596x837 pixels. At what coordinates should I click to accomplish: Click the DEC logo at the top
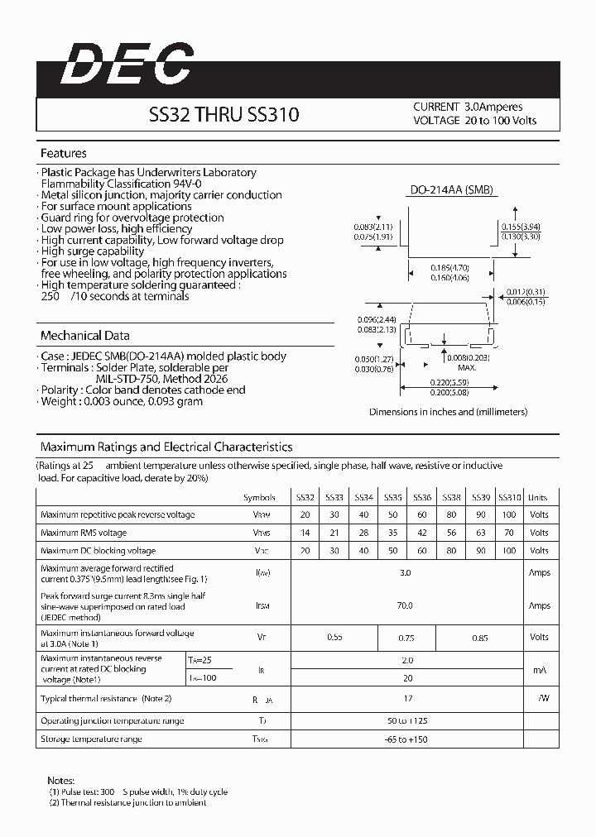pyautogui.click(x=127, y=65)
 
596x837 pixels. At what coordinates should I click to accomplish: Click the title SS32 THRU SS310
pyautogui.click(x=223, y=116)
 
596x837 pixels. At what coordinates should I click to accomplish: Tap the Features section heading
pyautogui.click(x=64, y=154)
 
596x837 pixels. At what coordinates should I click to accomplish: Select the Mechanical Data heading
pyautogui.click(x=85, y=336)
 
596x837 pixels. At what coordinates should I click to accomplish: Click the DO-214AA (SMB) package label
pyautogui.click(x=452, y=189)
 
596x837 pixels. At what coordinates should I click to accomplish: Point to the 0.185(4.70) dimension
pyautogui.click(x=450, y=268)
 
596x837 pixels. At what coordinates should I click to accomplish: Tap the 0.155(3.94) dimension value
pyautogui.click(x=521, y=226)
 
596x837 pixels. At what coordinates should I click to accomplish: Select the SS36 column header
pyautogui.click(x=422, y=497)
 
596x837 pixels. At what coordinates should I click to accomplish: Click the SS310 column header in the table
pyautogui.click(x=510, y=497)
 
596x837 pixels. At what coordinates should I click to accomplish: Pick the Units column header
pyautogui.click(x=538, y=497)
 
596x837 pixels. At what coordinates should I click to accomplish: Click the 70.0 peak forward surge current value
pyautogui.click(x=405, y=605)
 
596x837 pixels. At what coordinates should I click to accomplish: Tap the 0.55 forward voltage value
pyautogui.click(x=335, y=637)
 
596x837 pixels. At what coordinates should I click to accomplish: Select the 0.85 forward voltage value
pyautogui.click(x=480, y=637)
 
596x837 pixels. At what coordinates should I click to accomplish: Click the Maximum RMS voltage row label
pyautogui.click(x=84, y=533)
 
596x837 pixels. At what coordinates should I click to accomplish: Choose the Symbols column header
pyautogui.click(x=259, y=497)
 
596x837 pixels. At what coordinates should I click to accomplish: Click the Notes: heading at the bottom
pyautogui.click(x=61, y=780)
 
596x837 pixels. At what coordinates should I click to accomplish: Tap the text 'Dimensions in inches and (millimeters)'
pyautogui.click(x=448, y=411)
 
